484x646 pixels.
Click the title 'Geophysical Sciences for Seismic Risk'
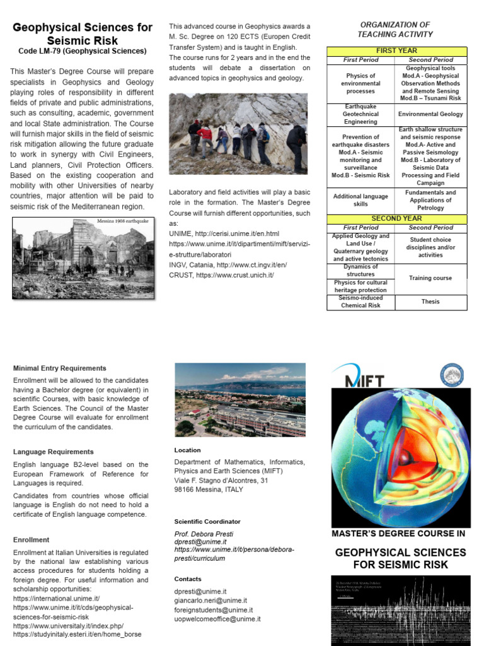(x=83, y=33)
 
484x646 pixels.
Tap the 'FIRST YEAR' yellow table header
(x=396, y=50)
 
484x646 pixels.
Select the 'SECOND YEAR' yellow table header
(x=396, y=218)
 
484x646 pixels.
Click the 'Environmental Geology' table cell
(x=430, y=114)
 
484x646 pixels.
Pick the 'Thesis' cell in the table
(x=430, y=302)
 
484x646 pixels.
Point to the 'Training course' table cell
(x=430, y=278)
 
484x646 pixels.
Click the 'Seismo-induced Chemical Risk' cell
(x=360, y=302)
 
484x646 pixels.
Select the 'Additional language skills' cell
(x=360, y=200)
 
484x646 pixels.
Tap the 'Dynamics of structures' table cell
(x=360, y=270)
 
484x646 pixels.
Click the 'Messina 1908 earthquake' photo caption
(x=122, y=221)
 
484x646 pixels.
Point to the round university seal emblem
(x=450, y=375)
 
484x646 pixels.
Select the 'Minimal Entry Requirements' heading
(x=60, y=368)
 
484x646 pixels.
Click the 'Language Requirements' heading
(x=54, y=452)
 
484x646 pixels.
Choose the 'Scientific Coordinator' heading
(x=207, y=522)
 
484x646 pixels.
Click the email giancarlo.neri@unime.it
(x=210, y=601)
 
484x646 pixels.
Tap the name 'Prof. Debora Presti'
(x=204, y=534)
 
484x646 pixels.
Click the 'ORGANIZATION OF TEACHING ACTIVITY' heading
(x=395, y=30)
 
